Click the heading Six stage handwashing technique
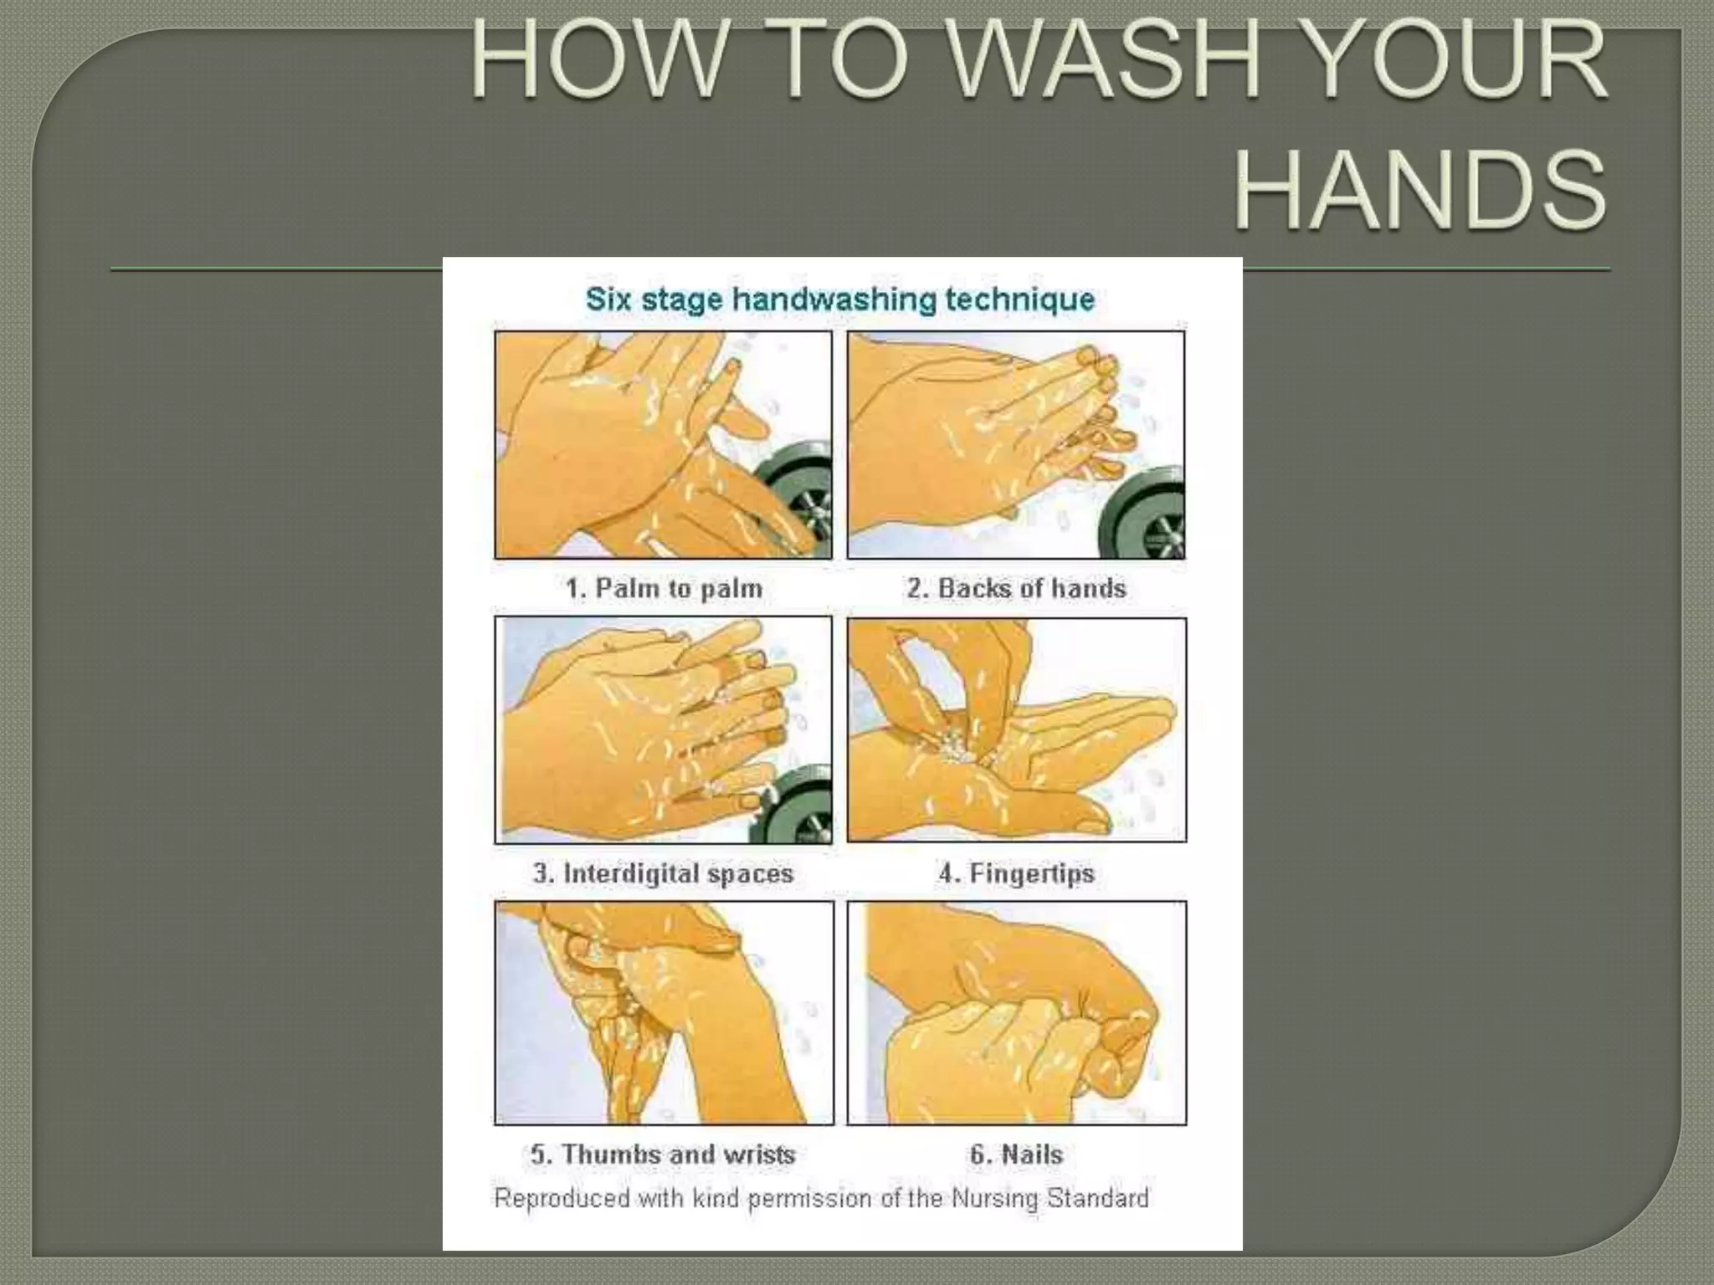[839, 299]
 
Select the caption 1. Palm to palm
[664, 588]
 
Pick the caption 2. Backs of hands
[1016, 588]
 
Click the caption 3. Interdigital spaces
[663, 873]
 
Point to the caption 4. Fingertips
[1016, 873]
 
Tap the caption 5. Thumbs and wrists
[663, 1154]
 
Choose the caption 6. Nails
[1016, 1154]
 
